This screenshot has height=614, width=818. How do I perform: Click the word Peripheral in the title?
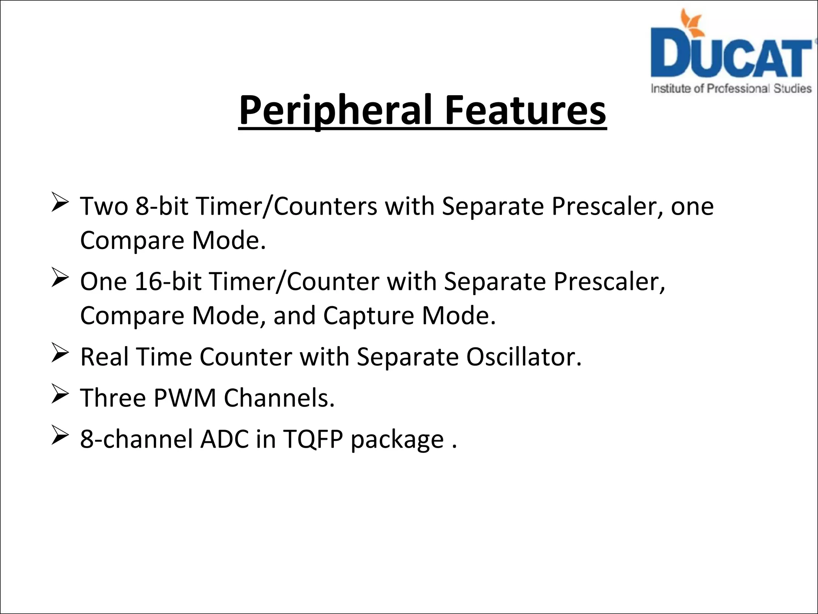335,110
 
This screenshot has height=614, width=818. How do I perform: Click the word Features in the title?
525,110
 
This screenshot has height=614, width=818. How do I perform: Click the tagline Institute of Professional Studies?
731,88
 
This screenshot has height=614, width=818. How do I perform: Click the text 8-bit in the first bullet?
161,206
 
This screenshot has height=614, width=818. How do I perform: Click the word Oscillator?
524,357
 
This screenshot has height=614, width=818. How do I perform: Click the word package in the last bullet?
397,440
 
